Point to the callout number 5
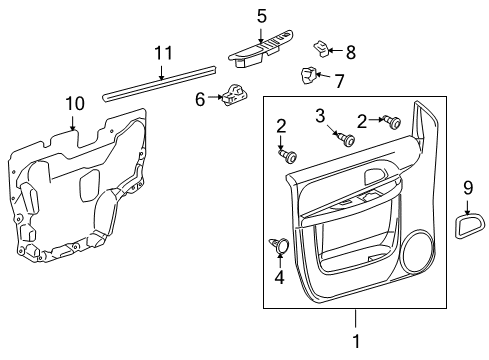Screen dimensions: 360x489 (x=262, y=16)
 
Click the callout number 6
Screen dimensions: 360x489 (x=200, y=98)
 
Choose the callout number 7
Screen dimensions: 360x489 (x=338, y=80)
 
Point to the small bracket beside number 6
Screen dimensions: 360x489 (x=236, y=94)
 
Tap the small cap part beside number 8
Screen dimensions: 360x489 (x=321, y=46)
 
